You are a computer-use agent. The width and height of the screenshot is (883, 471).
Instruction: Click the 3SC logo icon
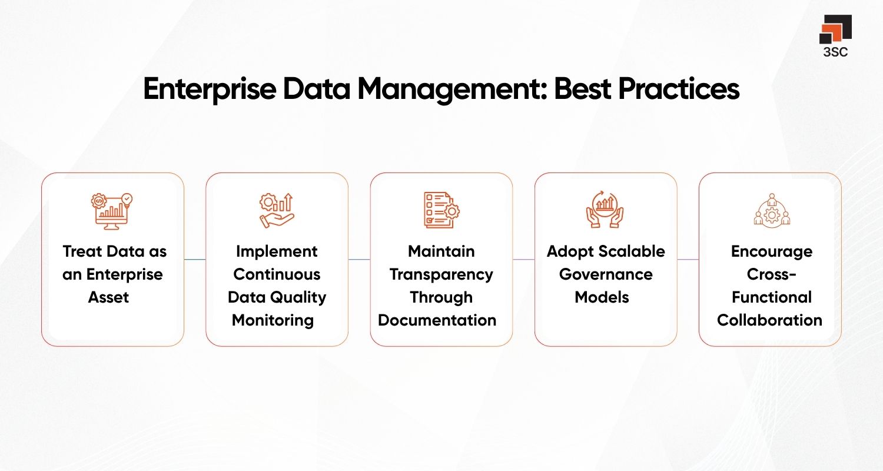pos(835,29)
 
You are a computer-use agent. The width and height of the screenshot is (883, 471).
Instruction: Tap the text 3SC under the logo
pos(836,52)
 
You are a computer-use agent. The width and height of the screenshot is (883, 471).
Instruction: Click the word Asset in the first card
pos(109,297)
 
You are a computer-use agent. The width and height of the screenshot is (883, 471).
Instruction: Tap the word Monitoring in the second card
pos(273,320)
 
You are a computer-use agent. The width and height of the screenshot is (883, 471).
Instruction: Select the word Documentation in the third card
pos(437,320)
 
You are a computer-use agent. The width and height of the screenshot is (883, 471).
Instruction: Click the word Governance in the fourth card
pos(606,274)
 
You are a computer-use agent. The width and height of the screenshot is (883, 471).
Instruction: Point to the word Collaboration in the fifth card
pos(769,320)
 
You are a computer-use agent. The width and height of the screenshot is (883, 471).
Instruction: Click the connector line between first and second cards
pos(195,259)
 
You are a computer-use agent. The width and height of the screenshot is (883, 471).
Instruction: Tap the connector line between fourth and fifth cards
pos(688,259)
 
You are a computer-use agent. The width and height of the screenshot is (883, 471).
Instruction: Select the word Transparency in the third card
pos(441,274)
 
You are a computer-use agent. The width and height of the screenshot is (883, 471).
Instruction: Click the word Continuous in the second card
pos(277,274)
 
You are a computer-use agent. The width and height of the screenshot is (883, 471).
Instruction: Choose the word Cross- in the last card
pos(771,274)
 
